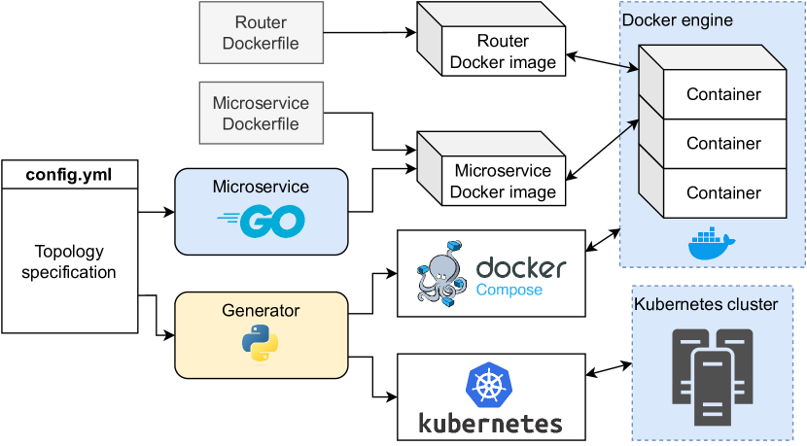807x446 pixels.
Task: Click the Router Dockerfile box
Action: click(261, 33)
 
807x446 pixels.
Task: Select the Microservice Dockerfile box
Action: click(261, 113)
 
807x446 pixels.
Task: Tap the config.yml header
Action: click(69, 175)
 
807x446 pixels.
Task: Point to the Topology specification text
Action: click(69, 261)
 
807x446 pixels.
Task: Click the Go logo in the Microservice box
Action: click(261, 222)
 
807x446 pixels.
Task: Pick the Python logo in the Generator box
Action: click(261, 342)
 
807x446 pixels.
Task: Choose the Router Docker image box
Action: click(503, 52)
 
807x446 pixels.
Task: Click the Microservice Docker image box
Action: click(503, 182)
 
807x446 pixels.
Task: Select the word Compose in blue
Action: click(509, 289)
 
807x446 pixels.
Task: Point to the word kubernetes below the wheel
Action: click(490, 424)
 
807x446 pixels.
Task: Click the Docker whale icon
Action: click(713, 245)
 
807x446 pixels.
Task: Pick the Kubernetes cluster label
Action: click(706, 304)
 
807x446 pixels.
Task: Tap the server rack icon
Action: click(713, 374)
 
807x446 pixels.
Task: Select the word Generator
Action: click(261, 311)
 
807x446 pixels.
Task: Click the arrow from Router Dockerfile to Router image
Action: click(369, 33)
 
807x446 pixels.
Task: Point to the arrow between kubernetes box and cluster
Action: click(609, 369)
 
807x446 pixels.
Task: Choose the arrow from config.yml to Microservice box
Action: click(156, 211)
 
